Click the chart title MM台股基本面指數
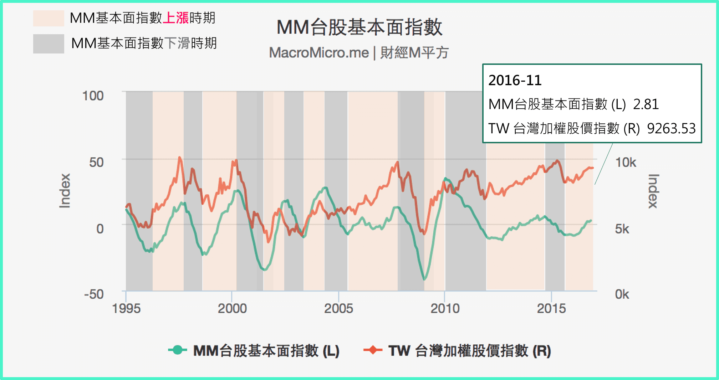359,27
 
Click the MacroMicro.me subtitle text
318,53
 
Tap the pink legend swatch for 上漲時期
49,18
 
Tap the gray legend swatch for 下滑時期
49,43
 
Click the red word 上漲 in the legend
175,18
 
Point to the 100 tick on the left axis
93,96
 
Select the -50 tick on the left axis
94,294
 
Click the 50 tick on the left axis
96,162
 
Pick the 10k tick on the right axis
626,163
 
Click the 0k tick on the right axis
622,294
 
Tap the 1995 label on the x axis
126,308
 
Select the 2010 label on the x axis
445,308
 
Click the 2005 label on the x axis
338,308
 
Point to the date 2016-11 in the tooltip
515,81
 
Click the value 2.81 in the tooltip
646,104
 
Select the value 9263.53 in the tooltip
671,129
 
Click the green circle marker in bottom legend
177,350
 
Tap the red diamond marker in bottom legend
373,350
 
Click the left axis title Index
65,191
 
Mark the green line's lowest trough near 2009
424,279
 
